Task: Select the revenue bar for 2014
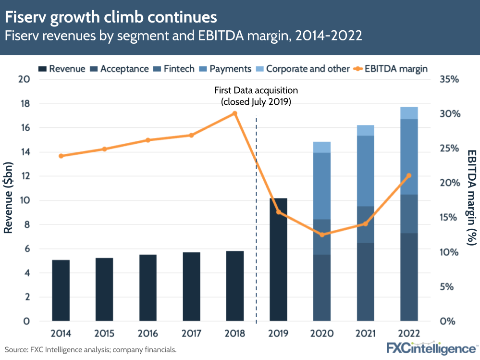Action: [x=61, y=290]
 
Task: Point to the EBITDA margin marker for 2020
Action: [x=322, y=235]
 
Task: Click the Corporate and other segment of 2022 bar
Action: [x=409, y=113]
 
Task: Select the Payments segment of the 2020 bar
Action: [x=322, y=186]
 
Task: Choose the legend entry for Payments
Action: [x=227, y=69]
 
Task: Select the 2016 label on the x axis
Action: [x=148, y=334]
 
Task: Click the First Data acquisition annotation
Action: [x=256, y=96]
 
